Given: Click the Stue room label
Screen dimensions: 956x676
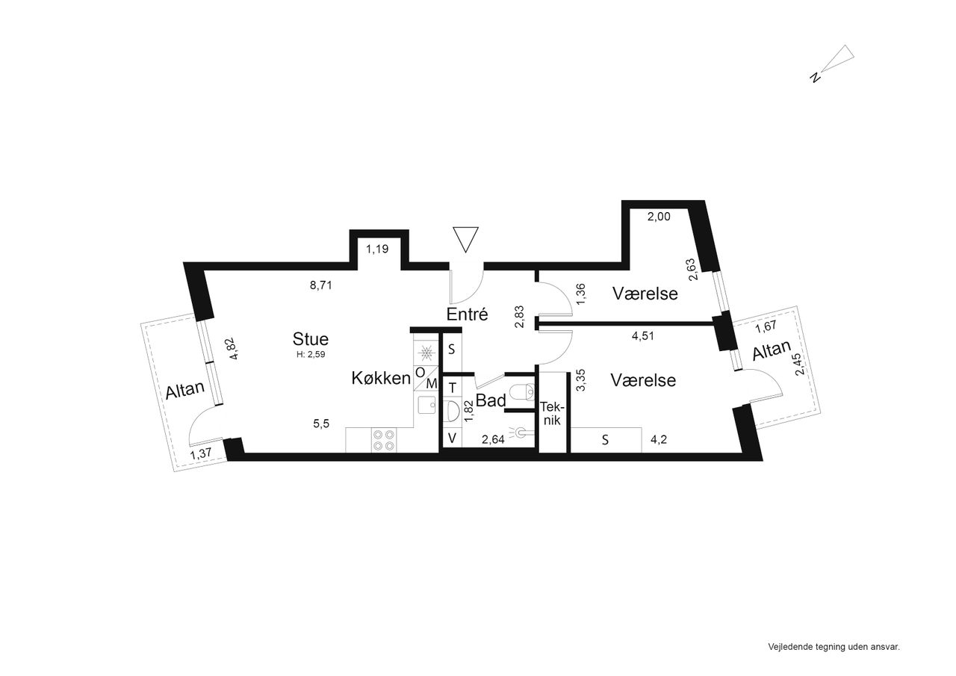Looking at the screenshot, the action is pyautogui.click(x=310, y=339).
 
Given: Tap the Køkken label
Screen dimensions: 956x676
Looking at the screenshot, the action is pyautogui.click(x=381, y=378).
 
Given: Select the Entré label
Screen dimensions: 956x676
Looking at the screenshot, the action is pyautogui.click(x=467, y=314).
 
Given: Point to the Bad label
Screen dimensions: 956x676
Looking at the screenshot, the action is pyautogui.click(x=491, y=400).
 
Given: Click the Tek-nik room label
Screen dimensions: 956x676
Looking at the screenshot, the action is pyautogui.click(x=551, y=412).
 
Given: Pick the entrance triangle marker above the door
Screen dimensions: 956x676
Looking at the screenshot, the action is pyautogui.click(x=465, y=240).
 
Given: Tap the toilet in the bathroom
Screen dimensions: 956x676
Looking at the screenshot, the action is pyautogui.click(x=523, y=391).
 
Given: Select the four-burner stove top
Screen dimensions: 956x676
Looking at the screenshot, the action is pyautogui.click(x=384, y=440).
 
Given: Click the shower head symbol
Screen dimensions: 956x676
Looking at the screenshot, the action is pyautogui.click(x=520, y=432).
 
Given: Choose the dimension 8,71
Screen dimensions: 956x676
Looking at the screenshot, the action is pyautogui.click(x=320, y=285).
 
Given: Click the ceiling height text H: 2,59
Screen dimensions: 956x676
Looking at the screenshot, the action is pyautogui.click(x=311, y=354).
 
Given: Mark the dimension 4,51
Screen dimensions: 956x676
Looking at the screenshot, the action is pyautogui.click(x=643, y=336).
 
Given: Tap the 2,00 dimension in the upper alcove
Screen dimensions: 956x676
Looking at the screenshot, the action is pyautogui.click(x=659, y=217).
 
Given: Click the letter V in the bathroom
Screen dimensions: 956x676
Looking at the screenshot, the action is pyautogui.click(x=452, y=438).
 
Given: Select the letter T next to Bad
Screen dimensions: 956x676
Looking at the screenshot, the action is pyautogui.click(x=453, y=388).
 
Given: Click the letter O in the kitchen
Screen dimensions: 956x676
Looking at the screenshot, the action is pyautogui.click(x=420, y=373).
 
